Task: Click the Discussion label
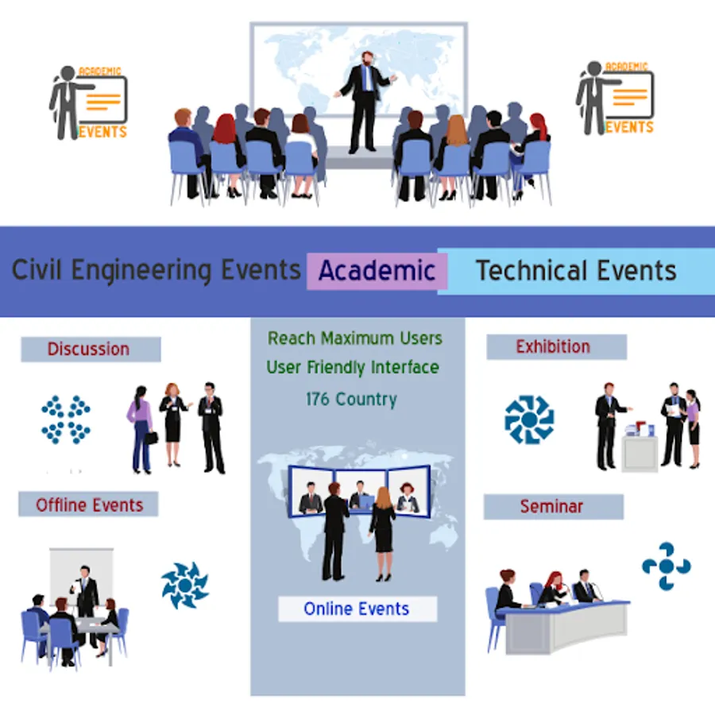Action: tap(88, 350)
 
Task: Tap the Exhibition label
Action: tap(553, 347)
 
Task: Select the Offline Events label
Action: tap(89, 505)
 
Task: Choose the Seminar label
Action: tap(552, 507)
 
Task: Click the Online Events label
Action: tap(357, 609)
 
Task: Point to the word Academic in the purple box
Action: tap(377, 270)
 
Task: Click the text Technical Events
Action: tap(577, 270)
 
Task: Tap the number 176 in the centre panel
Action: tap(317, 399)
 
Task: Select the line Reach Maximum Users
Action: tap(355, 338)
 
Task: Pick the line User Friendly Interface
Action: tap(353, 368)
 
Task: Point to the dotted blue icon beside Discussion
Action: tap(66, 419)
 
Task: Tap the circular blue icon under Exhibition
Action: tap(529, 419)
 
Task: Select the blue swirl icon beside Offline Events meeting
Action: tap(184, 586)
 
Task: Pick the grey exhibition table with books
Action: tap(640, 453)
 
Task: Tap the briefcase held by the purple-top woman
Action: tap(151, 438)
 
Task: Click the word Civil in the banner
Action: tap(37, 269)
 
